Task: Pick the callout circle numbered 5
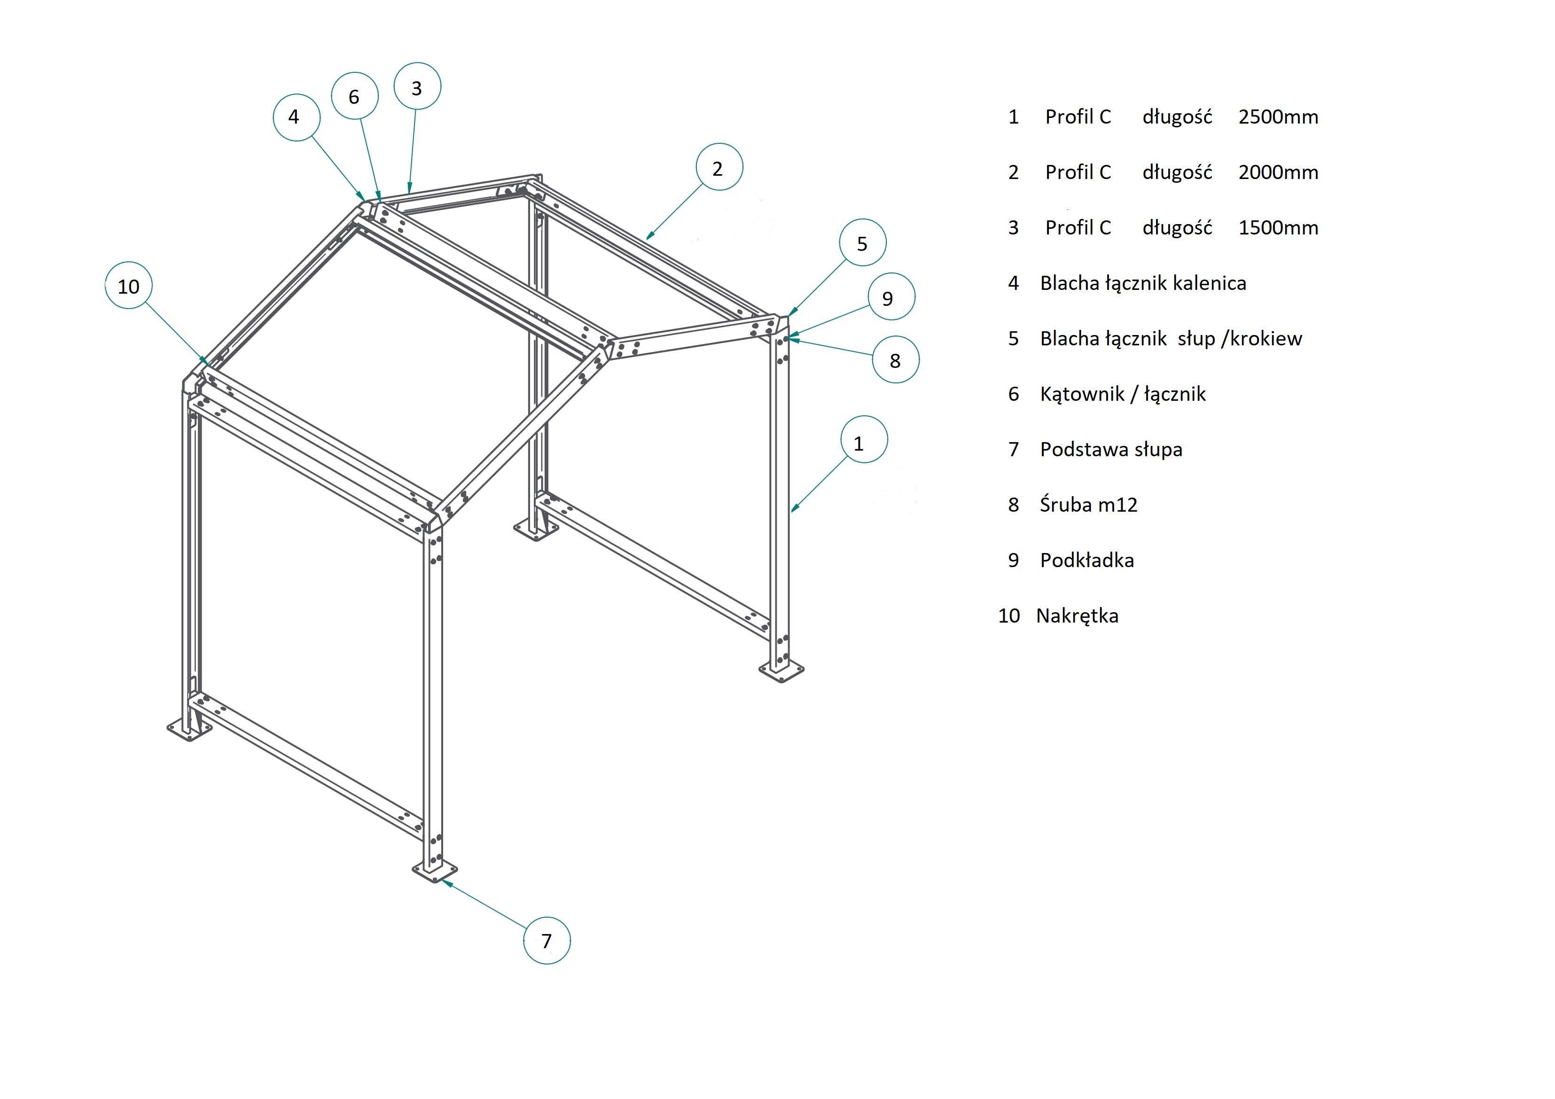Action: coord(862,243)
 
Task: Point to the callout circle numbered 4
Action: coord(296,117)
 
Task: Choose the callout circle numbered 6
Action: coord(354,96)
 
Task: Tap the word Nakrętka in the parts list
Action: coord(1077,616)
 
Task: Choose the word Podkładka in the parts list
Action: coord(1086,561)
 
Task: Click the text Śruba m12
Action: coord(1088,505)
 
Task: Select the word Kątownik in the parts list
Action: coord(1082,394)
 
